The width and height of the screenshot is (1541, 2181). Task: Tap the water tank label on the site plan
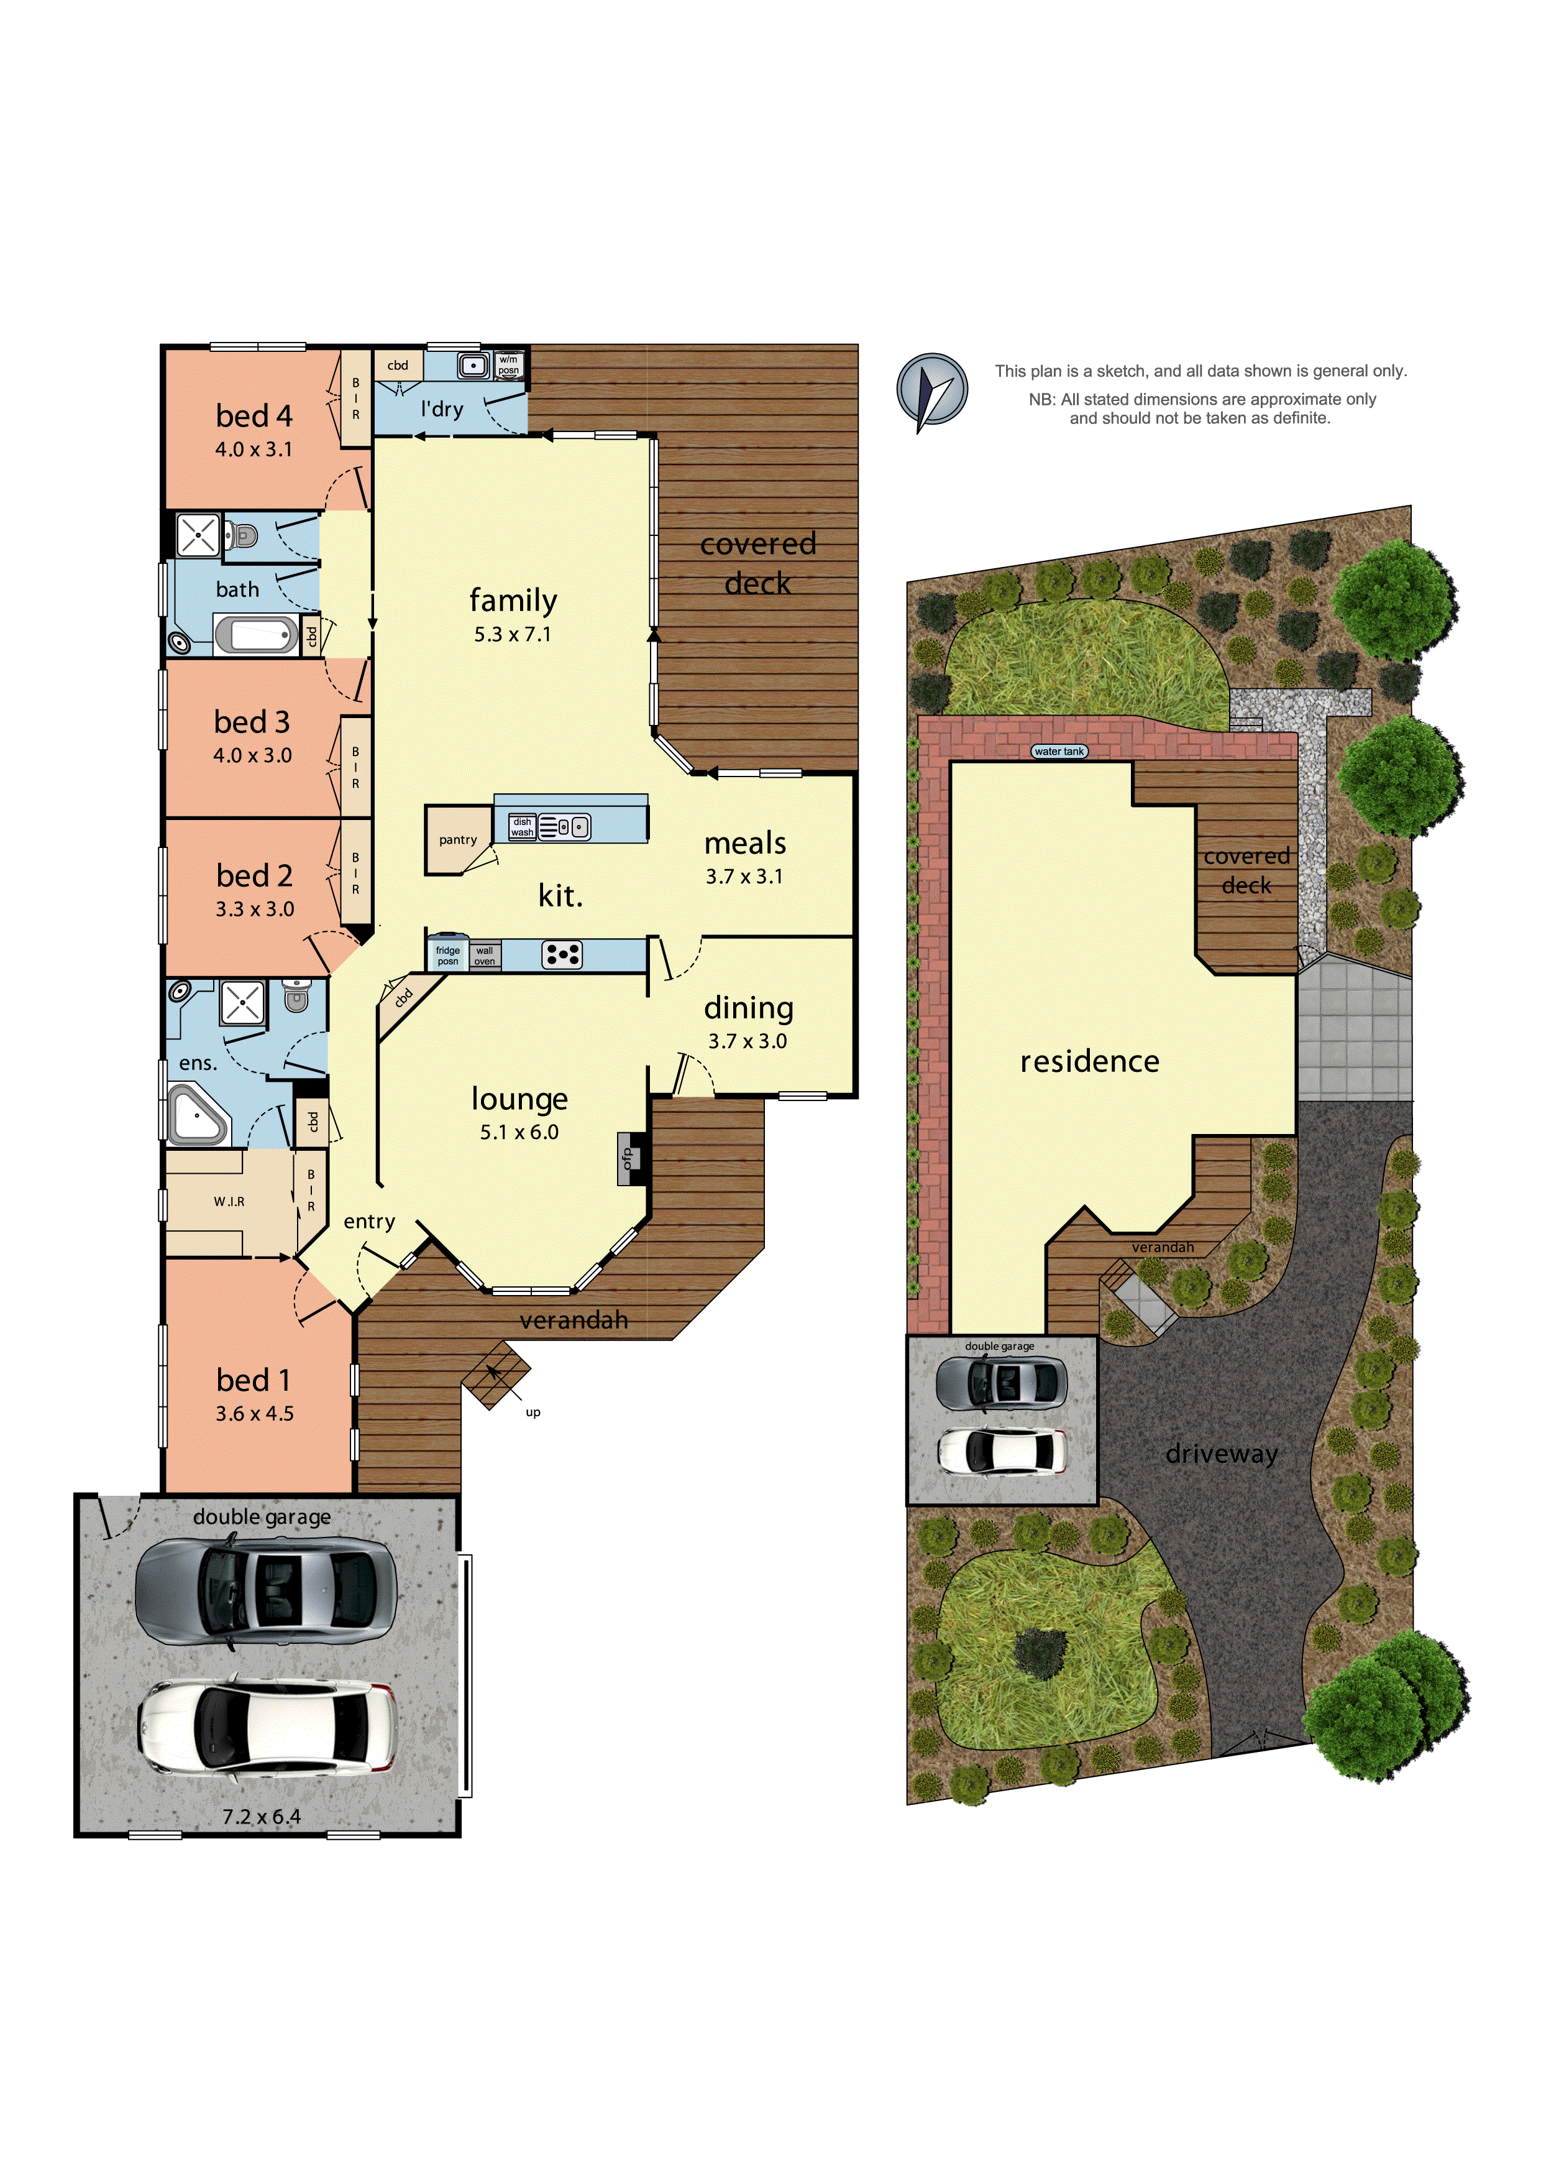1059,752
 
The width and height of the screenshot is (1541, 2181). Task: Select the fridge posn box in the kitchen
447,956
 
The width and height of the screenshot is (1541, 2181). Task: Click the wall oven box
484,956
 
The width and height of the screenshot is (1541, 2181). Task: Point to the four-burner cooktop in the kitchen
562,955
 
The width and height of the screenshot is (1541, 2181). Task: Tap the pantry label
458,840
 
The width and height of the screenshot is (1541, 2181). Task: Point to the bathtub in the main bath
255,635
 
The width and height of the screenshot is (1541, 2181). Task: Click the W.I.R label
229,1202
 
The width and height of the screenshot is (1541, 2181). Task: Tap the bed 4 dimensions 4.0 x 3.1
254,450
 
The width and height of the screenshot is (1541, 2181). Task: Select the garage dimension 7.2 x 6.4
261,1816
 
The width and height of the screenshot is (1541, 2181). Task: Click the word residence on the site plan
1089,1061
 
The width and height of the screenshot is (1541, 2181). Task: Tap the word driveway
1221,1454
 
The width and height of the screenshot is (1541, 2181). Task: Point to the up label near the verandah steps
533,1413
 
